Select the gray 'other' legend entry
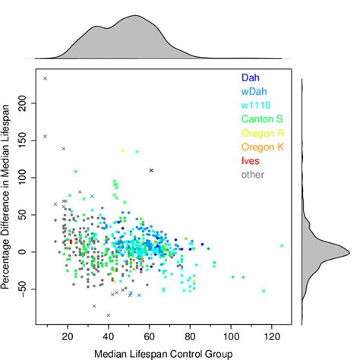(252, 175)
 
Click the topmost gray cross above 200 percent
(46, 78)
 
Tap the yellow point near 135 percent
(122, 150)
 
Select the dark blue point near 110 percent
(151, 170)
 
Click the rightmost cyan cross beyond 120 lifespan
(282, 245)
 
